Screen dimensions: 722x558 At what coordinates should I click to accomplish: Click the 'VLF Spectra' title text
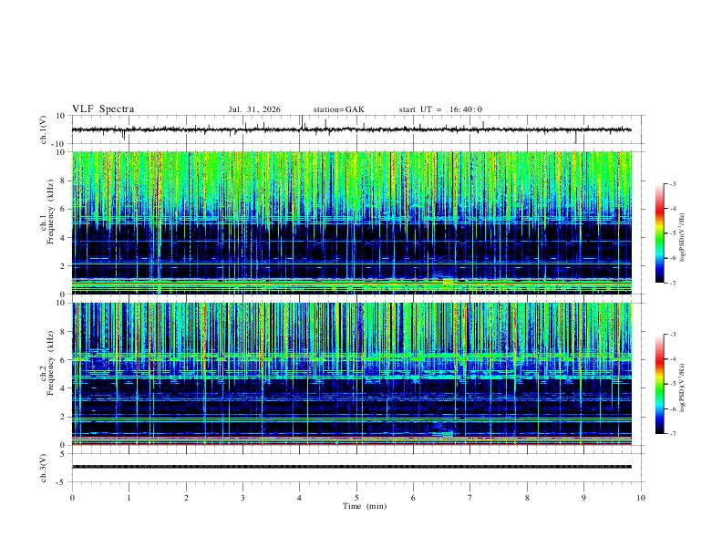tap(103, 109)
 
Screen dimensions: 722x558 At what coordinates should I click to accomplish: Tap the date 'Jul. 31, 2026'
tap(254, 109)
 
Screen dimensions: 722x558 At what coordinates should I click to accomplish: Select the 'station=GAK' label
tap(338, 109)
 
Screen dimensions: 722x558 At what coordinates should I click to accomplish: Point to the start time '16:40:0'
tap(466, 109)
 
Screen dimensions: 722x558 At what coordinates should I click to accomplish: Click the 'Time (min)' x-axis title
tap(365, 506)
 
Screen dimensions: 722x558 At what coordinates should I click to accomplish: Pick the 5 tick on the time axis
tap(356, 498)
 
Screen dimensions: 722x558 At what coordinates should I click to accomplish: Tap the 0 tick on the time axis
tap(72, 498)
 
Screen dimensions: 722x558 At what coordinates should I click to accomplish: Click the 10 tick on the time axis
tap(641, 498)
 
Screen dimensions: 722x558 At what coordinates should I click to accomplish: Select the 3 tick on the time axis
tap(242, 498)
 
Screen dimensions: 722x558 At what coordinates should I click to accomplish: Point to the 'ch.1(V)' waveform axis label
tap(44, 129)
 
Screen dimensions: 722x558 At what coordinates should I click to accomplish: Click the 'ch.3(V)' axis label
tap(44, 468)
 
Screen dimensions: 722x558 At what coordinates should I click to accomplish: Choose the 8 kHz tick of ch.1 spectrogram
tap(64, 181)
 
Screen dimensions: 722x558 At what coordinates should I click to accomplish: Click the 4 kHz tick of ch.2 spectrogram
tap(64, 388)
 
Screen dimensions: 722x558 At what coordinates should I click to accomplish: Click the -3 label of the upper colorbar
tap(672, 183)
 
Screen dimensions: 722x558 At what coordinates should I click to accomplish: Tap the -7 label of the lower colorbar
tap(672, 433)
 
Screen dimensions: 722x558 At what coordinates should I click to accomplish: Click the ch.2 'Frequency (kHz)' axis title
tap(50, 363)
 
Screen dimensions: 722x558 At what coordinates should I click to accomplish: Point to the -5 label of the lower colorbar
tap(672, 384)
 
